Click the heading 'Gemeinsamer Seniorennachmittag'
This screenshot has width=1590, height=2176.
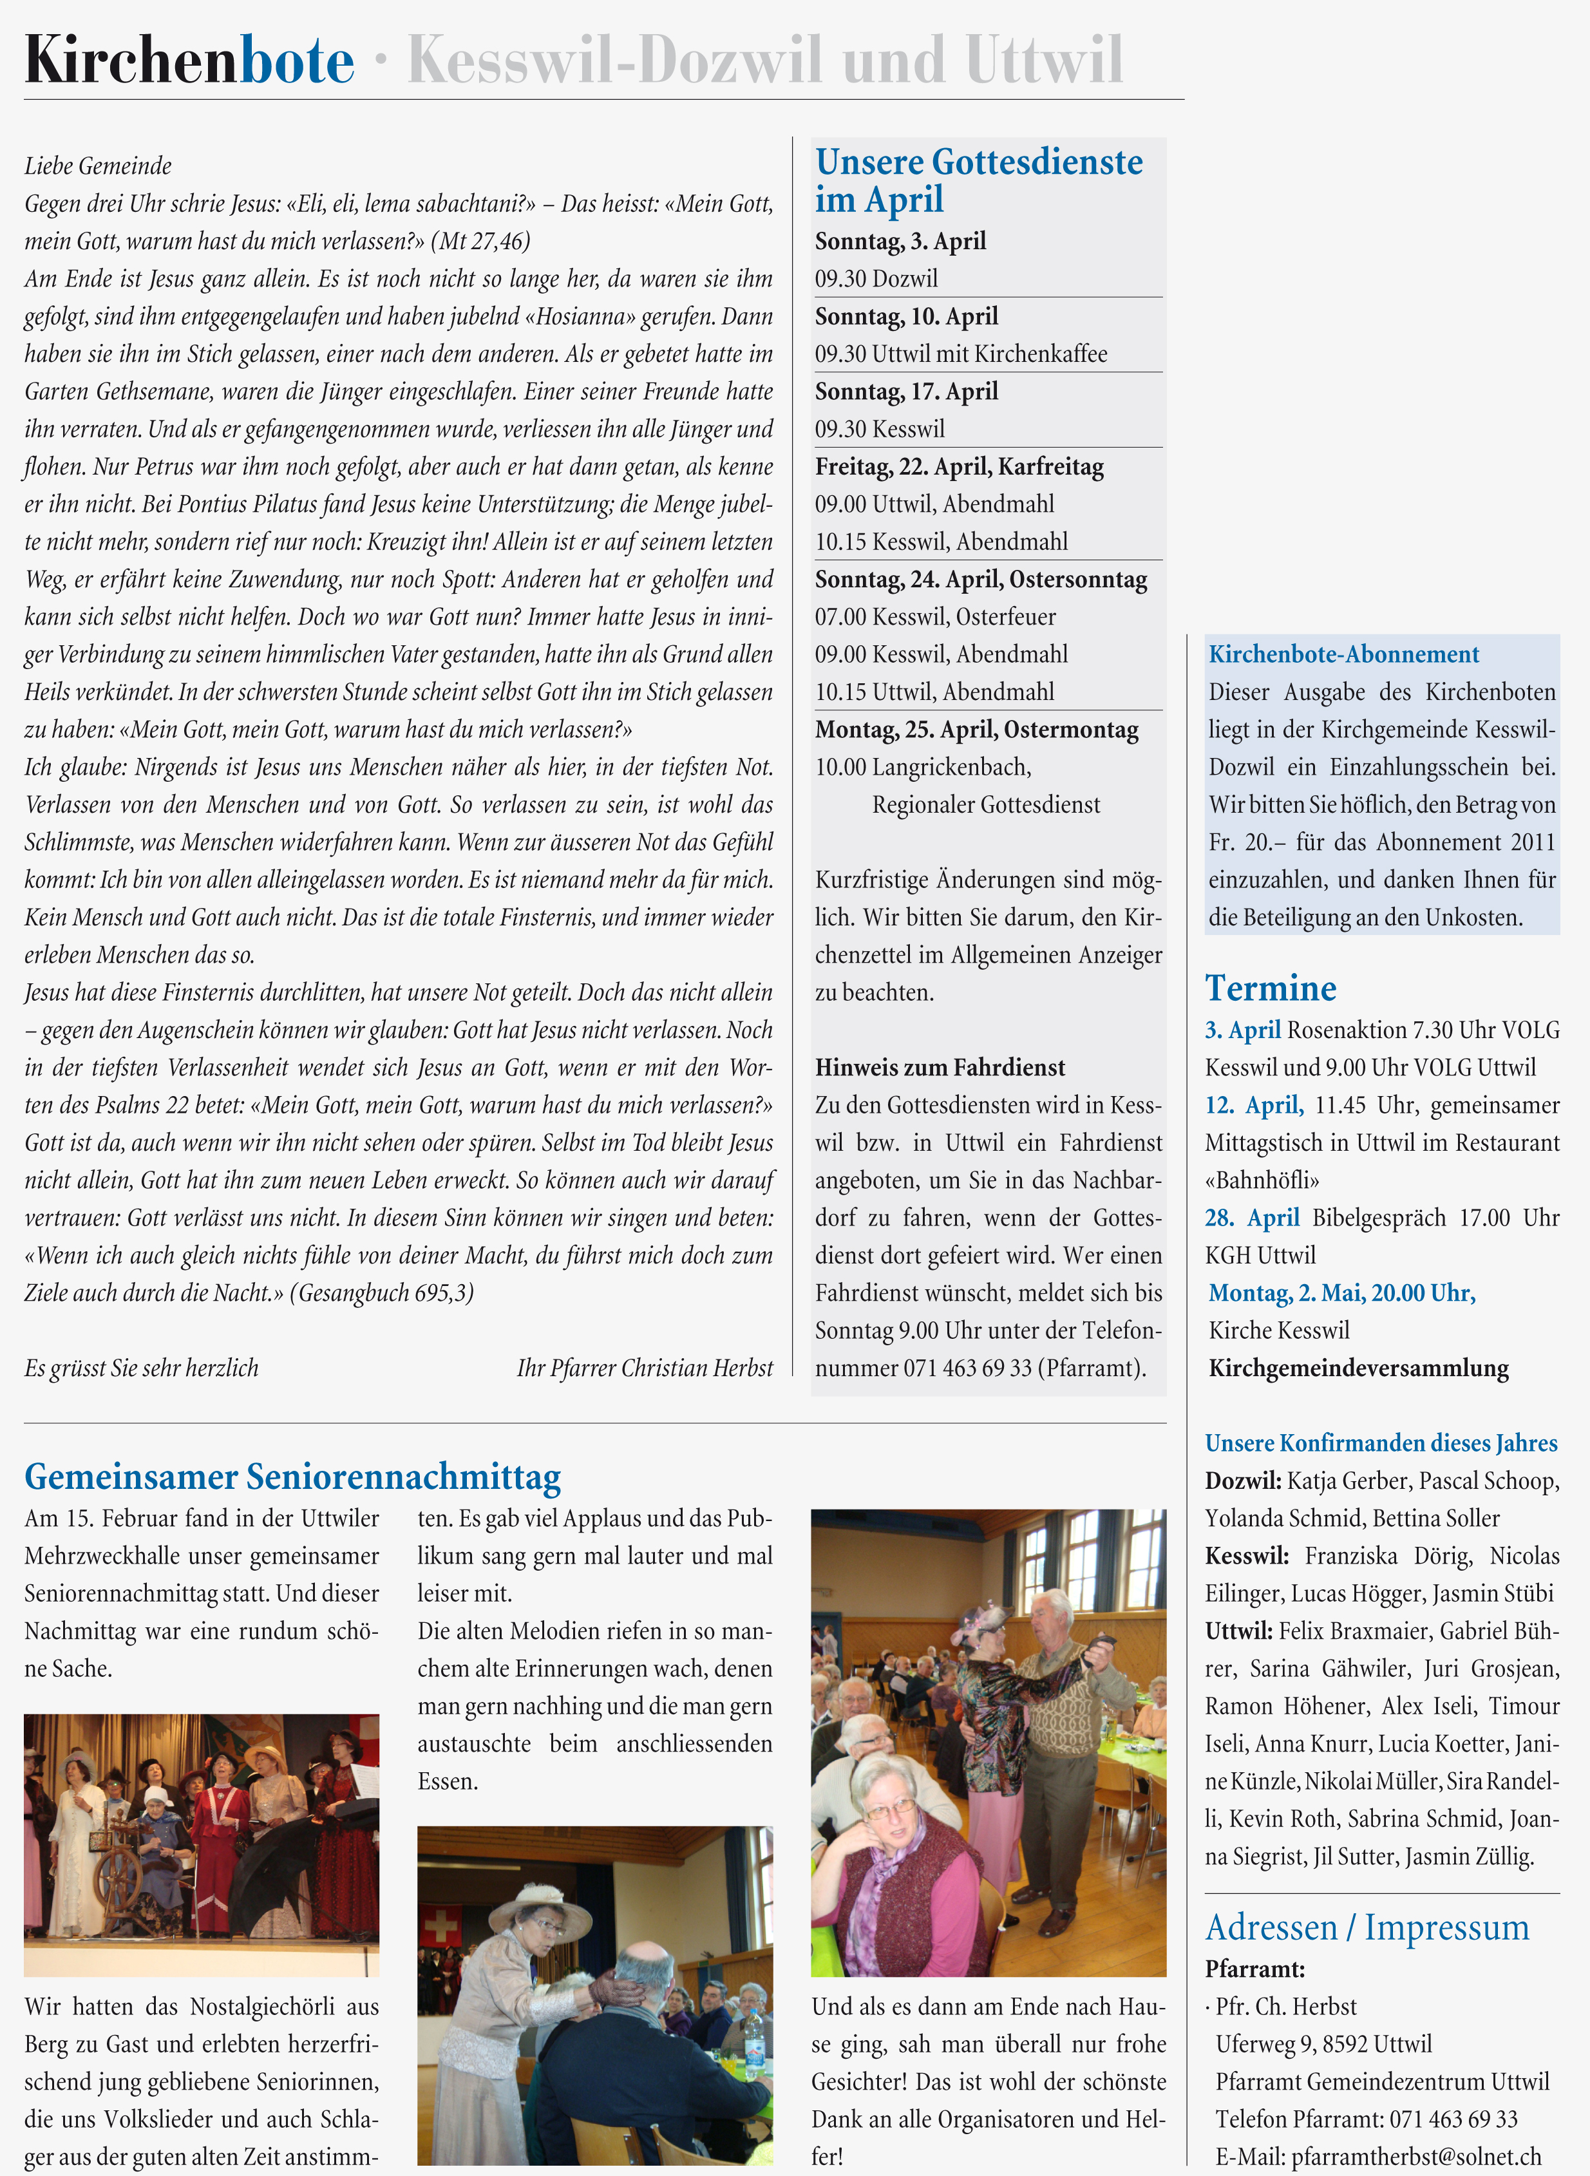click(292, 1477)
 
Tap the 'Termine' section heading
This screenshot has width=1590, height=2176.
click(1271, 989)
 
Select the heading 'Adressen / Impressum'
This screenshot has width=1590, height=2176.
click(1367, 1927)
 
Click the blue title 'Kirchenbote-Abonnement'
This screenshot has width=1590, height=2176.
click(1343, 654)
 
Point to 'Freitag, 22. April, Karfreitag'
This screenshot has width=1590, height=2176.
click(959, 467)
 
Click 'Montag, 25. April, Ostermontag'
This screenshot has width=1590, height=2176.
click(976, 730)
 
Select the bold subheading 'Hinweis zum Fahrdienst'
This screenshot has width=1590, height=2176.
click(940, 1067)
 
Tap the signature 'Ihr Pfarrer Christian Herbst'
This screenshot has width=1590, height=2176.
click(644, 1368)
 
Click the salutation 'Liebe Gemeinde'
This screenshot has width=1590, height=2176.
click(98, 166)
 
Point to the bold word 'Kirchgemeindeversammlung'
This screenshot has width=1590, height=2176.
click(1358, 1368)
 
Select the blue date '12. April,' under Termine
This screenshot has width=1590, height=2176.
click(1254, 1105)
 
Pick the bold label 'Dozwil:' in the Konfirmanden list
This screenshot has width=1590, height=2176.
click(1242, 1480)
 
